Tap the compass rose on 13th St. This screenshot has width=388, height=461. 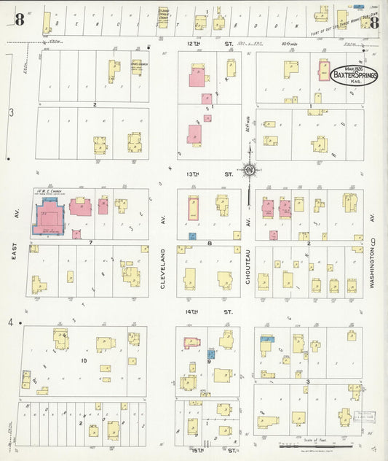(250, 171)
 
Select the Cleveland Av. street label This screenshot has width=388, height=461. (165, 268)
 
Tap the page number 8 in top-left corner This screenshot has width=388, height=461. (19, 20)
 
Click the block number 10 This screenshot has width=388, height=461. (84, 360)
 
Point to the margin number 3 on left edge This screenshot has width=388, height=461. (11, 112)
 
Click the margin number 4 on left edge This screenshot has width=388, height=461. (11, 322)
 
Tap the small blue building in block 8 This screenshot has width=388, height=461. (192, 236)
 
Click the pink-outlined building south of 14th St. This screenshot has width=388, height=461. (192, 343)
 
